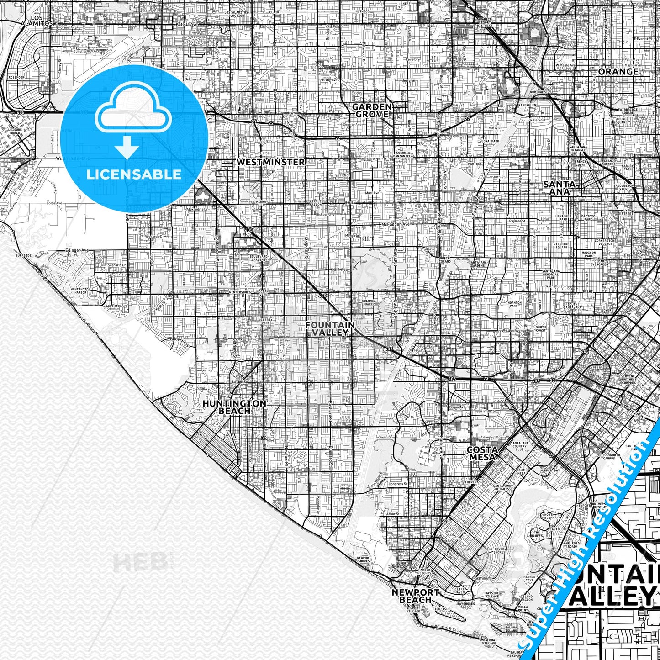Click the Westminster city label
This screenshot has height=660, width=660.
click(271, 162)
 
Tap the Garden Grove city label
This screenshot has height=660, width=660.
click(371, 110)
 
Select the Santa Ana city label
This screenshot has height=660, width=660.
click(560, 188)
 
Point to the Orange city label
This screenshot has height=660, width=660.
click(618, 72)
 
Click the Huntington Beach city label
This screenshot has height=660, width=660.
click(234, 407)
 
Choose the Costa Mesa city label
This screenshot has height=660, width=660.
click(482, 454)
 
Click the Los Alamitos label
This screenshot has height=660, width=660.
click(37, 20)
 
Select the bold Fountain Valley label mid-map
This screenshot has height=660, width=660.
click(330, 328)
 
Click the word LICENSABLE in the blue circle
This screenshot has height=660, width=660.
click(134, 174)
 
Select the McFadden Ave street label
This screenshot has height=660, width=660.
click(396, 225)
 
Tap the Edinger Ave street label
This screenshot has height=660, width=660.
click(77, 250)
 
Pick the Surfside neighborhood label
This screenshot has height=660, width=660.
click(23, 255)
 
